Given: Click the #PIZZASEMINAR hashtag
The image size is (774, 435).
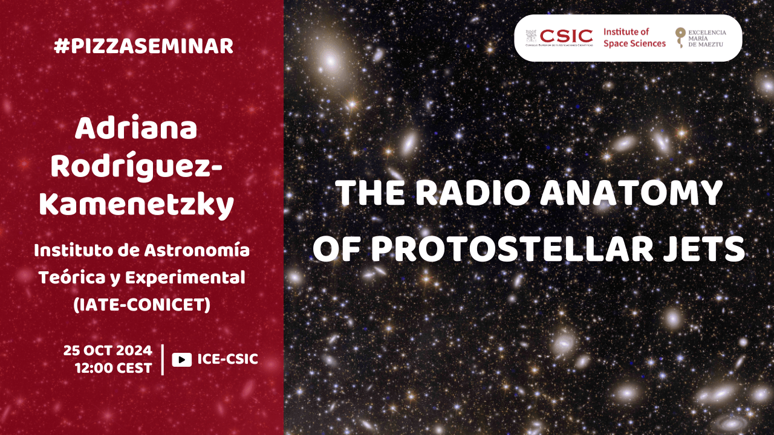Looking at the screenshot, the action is point(143,47).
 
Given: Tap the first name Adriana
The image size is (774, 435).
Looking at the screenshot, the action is point(136,128).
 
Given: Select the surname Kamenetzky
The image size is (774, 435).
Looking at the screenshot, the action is point(137,205).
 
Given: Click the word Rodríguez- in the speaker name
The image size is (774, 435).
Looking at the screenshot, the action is point(137,167).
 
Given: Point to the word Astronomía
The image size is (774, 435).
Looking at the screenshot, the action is point(197,250).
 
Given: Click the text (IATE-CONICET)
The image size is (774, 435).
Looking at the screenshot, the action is point(141,305).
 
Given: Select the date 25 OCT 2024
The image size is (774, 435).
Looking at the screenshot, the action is point(108,351).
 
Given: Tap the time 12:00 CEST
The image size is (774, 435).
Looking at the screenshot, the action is point(114,368).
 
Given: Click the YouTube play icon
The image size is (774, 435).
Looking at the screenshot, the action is point(182,359).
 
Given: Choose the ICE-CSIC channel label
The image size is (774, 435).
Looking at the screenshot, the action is point(228,359).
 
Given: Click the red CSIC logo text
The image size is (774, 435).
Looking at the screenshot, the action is point(566,36).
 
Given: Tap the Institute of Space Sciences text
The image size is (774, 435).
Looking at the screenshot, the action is point(634,37).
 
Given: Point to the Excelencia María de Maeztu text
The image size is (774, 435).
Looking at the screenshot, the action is point(707,38).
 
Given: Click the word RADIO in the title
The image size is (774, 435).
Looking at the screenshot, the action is point(472,193).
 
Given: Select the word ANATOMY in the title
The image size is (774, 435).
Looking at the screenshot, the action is point(631,193).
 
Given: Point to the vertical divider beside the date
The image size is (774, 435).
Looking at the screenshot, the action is point(163,359).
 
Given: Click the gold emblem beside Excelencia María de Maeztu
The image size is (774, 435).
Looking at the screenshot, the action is point(680,37).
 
